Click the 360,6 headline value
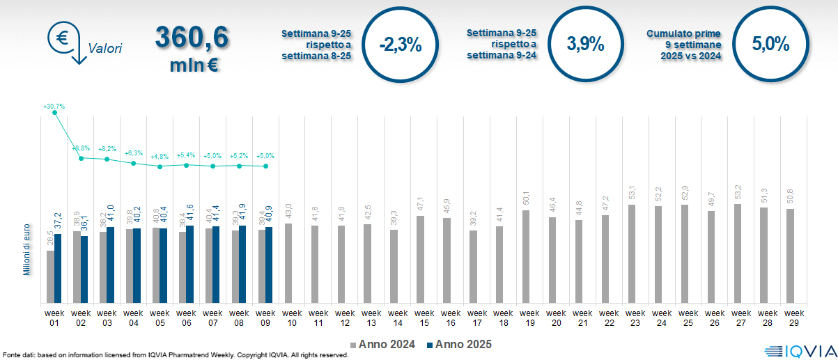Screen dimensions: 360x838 click(191, 38)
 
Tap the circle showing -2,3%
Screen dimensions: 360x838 click(401, 45)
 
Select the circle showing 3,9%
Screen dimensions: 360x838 click(585, 45)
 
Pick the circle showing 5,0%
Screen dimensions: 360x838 click(770, 45)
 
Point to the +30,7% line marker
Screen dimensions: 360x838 click(55, 113)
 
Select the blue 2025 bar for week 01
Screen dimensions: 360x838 click(58, 268)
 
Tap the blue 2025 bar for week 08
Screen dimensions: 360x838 click(242, 264)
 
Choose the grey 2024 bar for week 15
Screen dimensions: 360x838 click(421, 259)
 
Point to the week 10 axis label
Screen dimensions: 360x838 click(292, 318)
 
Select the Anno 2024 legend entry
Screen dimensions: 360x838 click(385, 344)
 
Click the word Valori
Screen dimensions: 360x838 click(104, 49)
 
